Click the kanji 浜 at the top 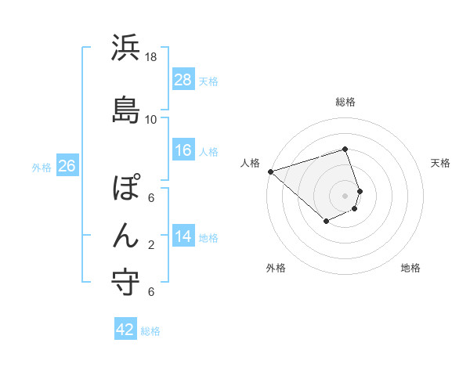tap(126, 49)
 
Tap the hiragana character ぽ tap(126, 188)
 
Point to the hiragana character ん tap(126, 236)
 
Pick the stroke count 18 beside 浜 tap(151, 57)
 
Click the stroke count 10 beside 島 tap(151, 119)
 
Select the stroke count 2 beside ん tap(151, 245)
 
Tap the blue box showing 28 tap(183, 79)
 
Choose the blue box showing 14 tap(183, 236)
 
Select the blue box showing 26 tap(67, 166)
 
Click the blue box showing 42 tap(125, 330)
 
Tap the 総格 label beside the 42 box tap(150, 331)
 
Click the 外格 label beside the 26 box tap(42, 168)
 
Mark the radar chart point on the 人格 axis tap(270, 171)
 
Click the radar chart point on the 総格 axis tap(345, 150)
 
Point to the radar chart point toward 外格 tap(326, 222)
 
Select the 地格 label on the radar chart tap(410, 268)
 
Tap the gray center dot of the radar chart tap(345, 195)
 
